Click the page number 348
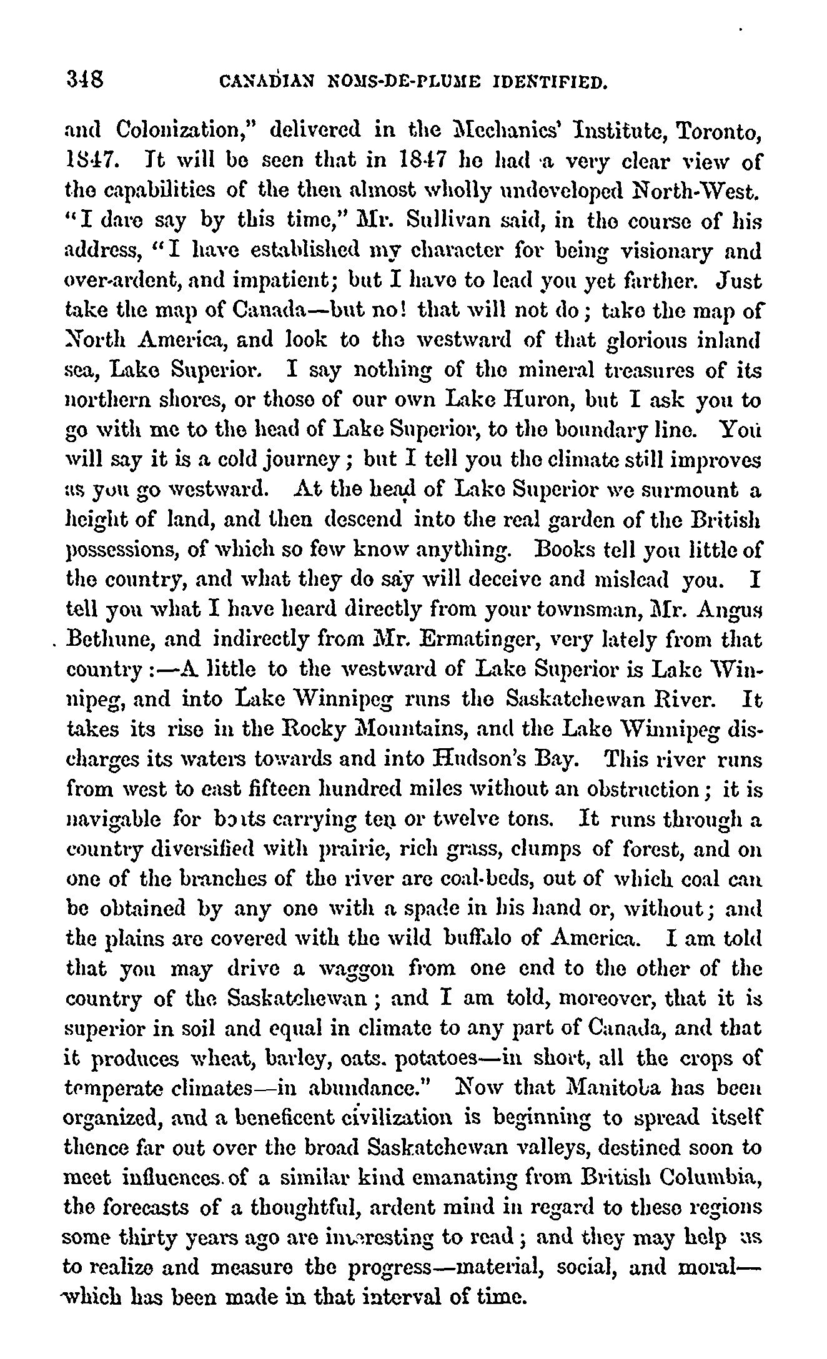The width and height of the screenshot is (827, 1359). click(x=88, y=79)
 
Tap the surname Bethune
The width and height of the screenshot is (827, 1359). click(x=109, y=640)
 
